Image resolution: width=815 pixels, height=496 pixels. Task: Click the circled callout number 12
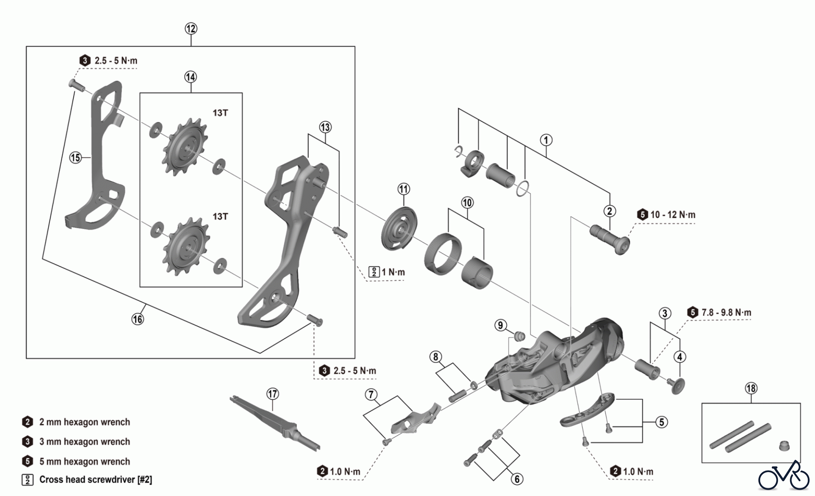191,29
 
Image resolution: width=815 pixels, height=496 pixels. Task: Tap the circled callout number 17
272,394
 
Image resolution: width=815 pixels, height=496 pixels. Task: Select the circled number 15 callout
75,158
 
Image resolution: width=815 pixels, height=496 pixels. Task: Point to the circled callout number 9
500,325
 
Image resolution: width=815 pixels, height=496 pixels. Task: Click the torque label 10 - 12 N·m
672,215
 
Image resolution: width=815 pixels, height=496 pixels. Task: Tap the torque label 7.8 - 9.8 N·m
726,313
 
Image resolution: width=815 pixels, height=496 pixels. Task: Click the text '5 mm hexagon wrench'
85,462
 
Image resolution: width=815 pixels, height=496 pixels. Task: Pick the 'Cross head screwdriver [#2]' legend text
96,480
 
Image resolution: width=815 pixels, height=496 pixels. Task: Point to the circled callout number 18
751,388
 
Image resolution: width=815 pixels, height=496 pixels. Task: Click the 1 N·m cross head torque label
393,272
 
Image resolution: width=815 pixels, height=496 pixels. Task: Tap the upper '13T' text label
220,113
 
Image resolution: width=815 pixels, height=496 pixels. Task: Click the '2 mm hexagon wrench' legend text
85,422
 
